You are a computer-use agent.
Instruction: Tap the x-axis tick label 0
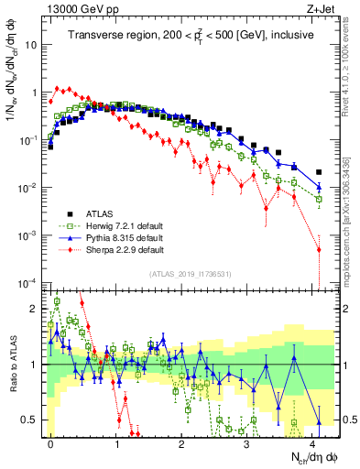coord(50,442)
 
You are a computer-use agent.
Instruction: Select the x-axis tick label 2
coord(182,442)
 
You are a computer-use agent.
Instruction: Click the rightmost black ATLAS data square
coord(319,172)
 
